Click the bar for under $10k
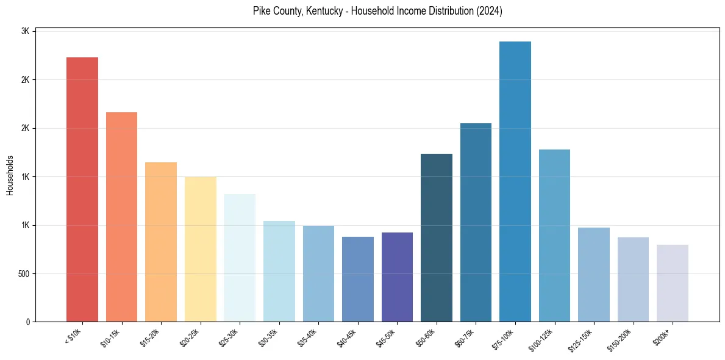click(82, 189)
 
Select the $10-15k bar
click(121, 217)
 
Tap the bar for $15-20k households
click(161, 242)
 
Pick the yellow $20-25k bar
click(200, 249)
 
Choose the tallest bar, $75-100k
click(515, 181)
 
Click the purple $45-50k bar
click(397, 277)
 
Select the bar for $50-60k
click(437, 237)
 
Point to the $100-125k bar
click(554, 236)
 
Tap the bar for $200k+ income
click(673, 283)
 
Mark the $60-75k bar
click(476, 222)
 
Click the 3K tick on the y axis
click(26, 31)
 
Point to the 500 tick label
click(24, 273)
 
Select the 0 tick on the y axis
click(28, 322)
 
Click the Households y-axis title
click(10, 175)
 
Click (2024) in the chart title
click(490, 11)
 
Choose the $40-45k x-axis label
click(348, 337)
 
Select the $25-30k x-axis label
click(230, 337)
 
